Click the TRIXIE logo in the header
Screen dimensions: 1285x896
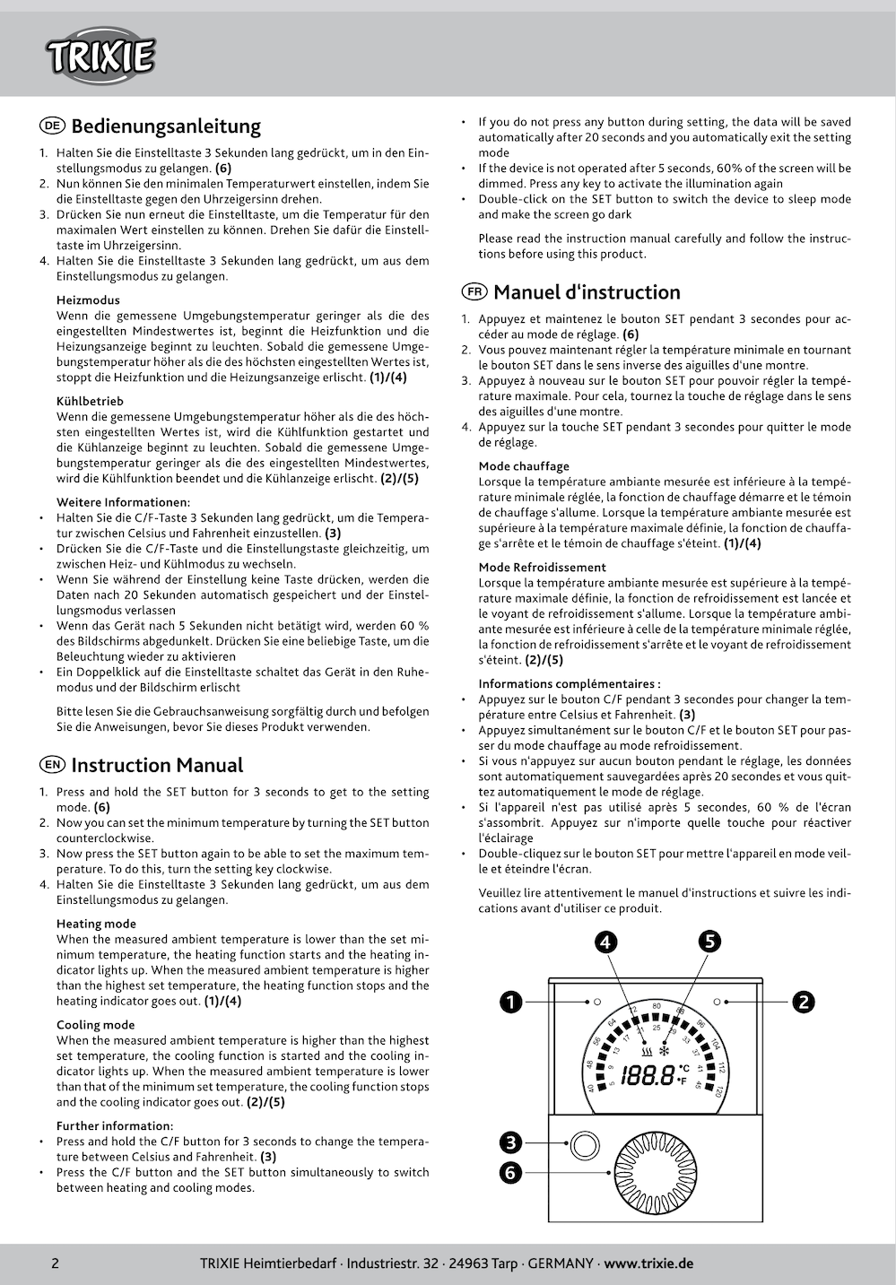(100, 56)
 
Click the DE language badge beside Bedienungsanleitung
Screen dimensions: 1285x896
(52, 126)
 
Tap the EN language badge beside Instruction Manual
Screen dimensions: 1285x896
(52, 765)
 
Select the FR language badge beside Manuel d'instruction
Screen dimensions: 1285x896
(474, 291)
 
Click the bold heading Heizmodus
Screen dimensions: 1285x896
(88, 300)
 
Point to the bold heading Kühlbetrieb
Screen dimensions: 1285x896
(90, 401)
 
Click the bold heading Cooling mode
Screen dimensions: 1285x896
(95, 1025)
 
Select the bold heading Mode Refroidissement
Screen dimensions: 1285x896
(542, 568)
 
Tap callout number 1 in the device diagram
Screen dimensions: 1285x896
(511, 1002)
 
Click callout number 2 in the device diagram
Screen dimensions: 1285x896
(803, 1002)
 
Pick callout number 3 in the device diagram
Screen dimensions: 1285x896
(511, 1142)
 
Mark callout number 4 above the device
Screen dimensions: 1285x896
(606, 942)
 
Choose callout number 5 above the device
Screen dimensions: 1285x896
(709, 941)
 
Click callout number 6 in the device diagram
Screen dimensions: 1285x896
(511, 1172)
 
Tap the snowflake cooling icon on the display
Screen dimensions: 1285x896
(665, 1051)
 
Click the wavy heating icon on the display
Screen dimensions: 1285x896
(647, 1051)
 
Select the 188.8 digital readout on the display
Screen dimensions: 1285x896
(648, 1074)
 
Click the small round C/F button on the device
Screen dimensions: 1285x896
(584, 1145)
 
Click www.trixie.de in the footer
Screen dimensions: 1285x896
(648, 1263)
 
